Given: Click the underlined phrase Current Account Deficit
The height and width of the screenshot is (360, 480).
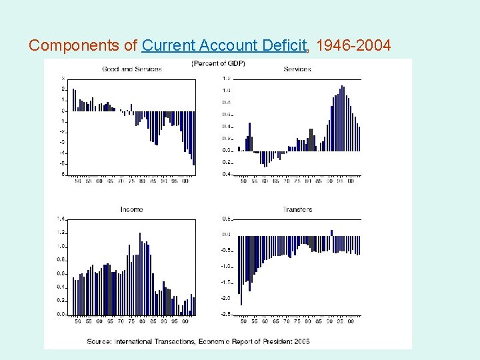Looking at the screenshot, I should (x=225, y=45).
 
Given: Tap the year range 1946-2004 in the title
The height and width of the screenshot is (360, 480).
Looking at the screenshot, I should (x=353, y=45).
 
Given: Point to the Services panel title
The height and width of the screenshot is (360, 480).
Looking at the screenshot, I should (x=297, y=69).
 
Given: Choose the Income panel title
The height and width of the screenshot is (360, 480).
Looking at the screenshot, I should (x=131, y=209).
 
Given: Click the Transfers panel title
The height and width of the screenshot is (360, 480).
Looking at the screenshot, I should (x=297, y=209).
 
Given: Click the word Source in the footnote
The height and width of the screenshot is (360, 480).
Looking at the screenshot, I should (x=101, y=341).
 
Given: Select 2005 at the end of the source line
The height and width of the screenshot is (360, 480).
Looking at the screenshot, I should (x=302, y=341).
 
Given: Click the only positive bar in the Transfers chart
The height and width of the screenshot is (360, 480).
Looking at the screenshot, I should (x=331, y=233).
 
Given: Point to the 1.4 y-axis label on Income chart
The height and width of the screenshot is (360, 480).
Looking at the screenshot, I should (x=61, y=219).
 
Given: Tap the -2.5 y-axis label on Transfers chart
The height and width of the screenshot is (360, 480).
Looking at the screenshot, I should (x=226, y=314).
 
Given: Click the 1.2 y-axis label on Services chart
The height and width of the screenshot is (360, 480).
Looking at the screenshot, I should (x=227, y=79).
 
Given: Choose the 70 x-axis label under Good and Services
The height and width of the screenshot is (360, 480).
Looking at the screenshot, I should (x=121, y=181).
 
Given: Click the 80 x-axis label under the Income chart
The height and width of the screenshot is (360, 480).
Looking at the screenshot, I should (x=142, y=321).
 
